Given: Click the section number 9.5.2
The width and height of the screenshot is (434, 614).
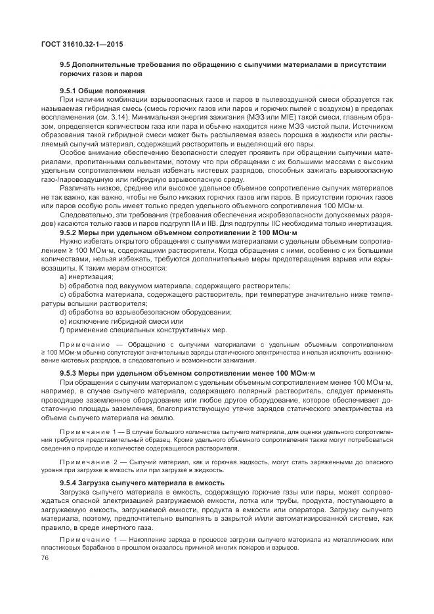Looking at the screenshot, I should click(70, 232).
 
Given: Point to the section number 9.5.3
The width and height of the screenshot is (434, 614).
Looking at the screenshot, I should click(70, 372).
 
